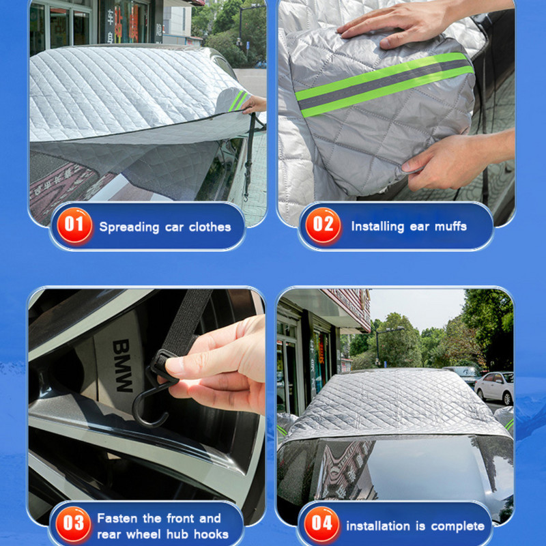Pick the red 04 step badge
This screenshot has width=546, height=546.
click(322, 526)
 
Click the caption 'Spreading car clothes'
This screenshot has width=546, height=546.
click(165, 227)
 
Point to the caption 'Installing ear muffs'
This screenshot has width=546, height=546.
click(409, 226)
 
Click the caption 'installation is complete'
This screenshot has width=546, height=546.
click(415, 526)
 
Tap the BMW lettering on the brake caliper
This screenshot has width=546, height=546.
click(121, 365)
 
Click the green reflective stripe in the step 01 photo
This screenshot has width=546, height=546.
click(239, 100)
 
